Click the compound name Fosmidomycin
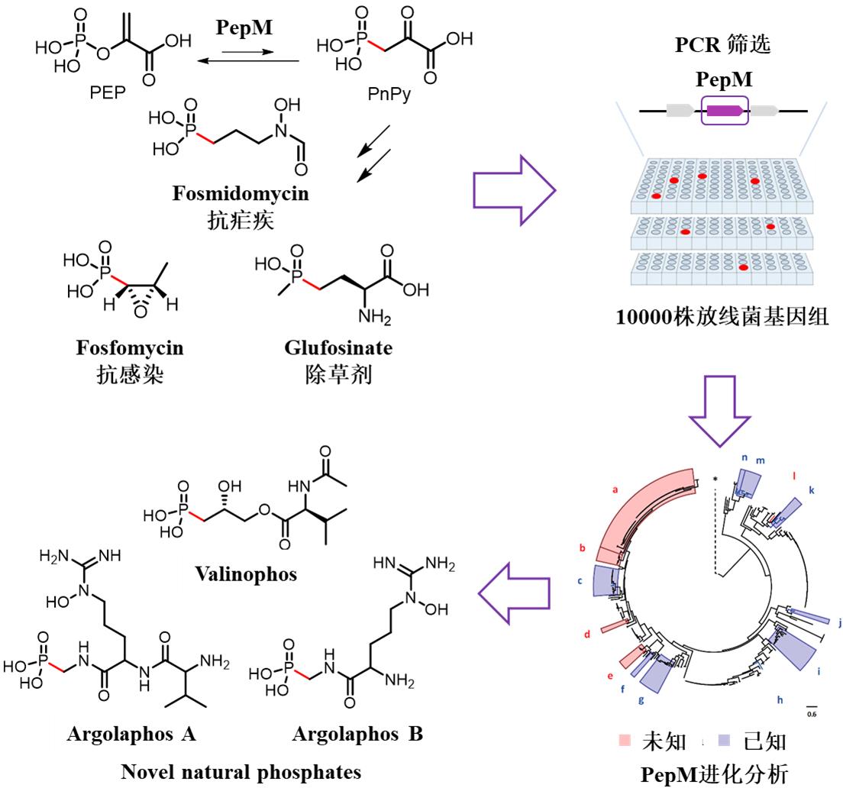click(x=240, y=193)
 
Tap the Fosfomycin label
click(x=130, y=348)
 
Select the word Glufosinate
click(x=338, y=348)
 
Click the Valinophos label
click(x=244, y=573)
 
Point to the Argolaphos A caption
click(x=131, y=735)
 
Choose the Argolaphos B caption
click(x=357, y=735)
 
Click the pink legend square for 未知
click(x=624, y=741)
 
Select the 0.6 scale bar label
click(x=812, y=714)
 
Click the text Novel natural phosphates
click(x=241, y=773)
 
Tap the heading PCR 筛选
click(x=722, y=44)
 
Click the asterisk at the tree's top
click(x=715, y=479)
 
